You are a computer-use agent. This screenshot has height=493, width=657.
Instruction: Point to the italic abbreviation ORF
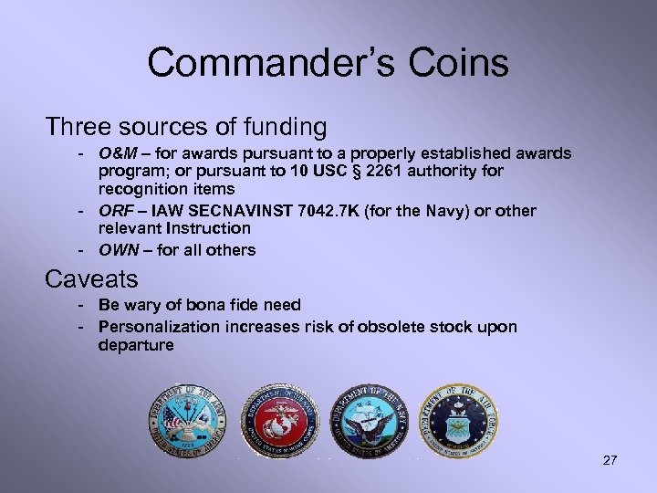[116, 211]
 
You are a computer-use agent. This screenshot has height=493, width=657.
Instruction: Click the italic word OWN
[118, 249]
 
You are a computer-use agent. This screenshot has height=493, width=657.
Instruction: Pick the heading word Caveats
[91, 278]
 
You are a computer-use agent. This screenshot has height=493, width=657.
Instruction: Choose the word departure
[136, 345]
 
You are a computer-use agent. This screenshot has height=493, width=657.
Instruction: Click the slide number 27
[610, 460]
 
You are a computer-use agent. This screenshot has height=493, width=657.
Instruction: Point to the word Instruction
[207, 228]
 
